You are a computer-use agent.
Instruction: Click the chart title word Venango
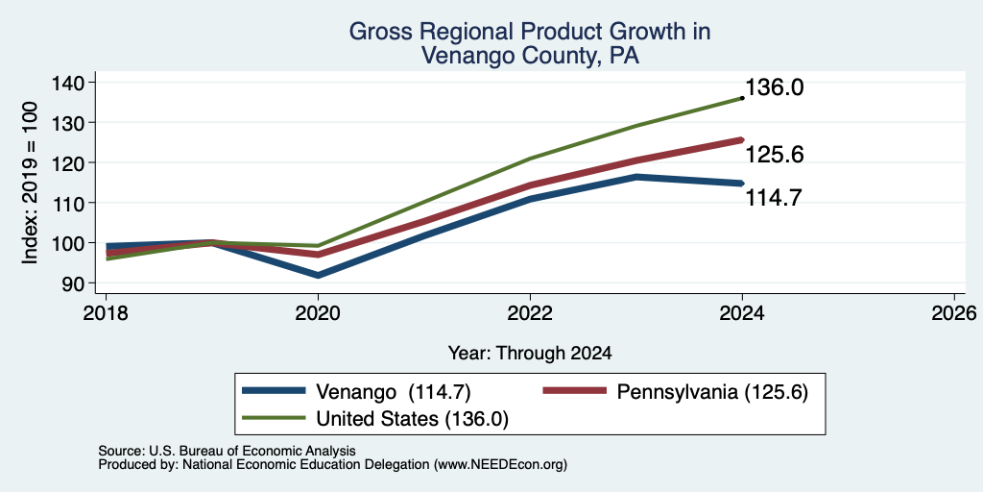tap(458, 55)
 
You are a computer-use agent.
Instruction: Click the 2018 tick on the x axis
tap(106, 312)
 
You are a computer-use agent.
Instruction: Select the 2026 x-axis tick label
tap(954, 312)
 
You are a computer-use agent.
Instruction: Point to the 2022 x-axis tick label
tap(530, 312)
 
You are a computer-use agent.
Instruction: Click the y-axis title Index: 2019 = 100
tap(30, 183)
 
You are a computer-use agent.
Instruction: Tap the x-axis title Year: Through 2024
tap(530, 354)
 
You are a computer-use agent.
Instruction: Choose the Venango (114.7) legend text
tap(393, 392)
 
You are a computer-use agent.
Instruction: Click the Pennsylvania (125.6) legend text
tap(712, 392)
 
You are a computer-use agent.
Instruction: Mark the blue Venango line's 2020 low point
tap(318, 275)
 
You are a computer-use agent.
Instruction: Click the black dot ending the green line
tap(742, 98)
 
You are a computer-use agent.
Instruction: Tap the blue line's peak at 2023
tap(636, 177)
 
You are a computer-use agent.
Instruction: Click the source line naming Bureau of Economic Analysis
tap(227, 451)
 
